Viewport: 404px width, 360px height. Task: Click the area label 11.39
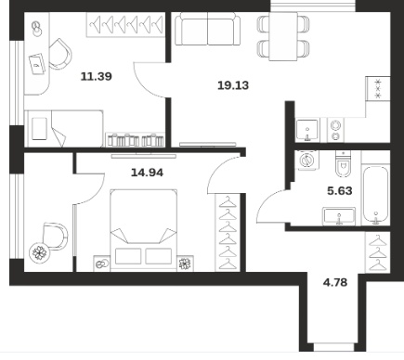pyautogui.click(x=96, y=76)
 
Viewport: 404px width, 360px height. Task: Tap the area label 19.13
pyautogui.click(x=233, y=85)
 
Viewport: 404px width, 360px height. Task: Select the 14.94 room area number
pyautogui.click(x=147, y=173)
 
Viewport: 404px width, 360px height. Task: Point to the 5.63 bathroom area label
pyautogui.click(x=340, y=191)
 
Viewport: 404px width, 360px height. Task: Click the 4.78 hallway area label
pyautogui.click(x=335, y=282)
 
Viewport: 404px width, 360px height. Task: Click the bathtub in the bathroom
pyautogui.click(x=375, y=194)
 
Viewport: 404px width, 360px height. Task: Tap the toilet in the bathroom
pyautogui.click(x=343, y=164)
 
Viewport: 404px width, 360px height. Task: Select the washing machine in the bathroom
pyautogui.click(x=306, y=161)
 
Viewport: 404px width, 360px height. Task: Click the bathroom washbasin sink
pyautogui.click(x=339, y=216)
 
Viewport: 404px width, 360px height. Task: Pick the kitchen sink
pyautogui.click(x=307, y=130)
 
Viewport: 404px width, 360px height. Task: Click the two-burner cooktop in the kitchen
pyautogui.click(x=336, y=131)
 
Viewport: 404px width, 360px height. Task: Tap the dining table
pyautogui.click(x=283, y=36)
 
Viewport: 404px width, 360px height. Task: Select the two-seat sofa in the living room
pyautogui.click(x=207, y=29)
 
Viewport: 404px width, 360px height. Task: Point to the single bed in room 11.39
pyautogui.click(x=64, y=128)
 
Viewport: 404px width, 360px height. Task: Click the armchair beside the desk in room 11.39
pyautogui.click(x=59, y=54)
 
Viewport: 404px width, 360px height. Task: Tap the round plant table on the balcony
pyautogui.click(x=40, y=253)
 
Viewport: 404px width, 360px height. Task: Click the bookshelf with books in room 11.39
pyautogui.click(x=135, y=139)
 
